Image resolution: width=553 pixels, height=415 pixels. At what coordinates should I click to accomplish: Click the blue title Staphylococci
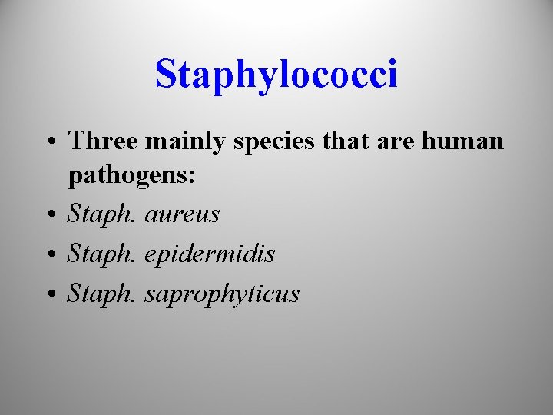pos(276,75)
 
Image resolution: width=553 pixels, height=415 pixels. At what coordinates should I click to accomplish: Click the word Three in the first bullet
pos(103,141)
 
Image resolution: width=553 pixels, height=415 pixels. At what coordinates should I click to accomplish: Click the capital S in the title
pos(166,75)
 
